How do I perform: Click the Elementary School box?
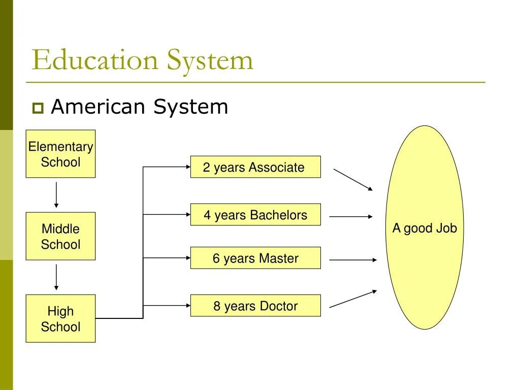(x=60, y=154)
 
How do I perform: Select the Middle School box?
(x=60, y=236)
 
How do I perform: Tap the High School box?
(x=60, y=318)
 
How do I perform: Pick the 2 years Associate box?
(x=255, y=167)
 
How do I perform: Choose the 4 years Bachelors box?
(x=255, y=215)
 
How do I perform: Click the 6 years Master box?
(x=255, y=258)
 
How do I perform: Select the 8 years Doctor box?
(x=255, y=306)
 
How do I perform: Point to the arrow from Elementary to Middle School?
(x=56, y=194)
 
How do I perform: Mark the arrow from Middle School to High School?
(x=56, y=277)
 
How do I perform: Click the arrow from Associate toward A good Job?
(x=353, y=180)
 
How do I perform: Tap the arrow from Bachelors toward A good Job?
(x=351, y=217)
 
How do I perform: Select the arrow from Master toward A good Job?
(x=353, y=260)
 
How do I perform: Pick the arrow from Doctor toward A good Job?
(x=353, y=299)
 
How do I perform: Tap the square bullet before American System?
(x=38, y=108)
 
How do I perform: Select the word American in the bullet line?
(x=100, y=107)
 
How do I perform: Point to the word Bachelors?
(x=278, y=215)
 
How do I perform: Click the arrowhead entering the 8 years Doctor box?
(x=187, y=306)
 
